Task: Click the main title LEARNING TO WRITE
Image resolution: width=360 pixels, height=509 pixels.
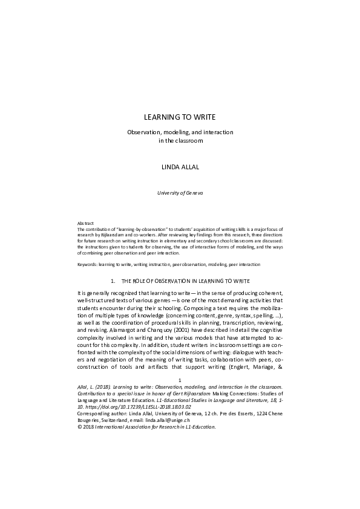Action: tap(180, 116)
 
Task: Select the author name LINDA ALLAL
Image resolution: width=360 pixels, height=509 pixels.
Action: tap(180, 164)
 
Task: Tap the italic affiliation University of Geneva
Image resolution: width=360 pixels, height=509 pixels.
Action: tap(180, 193)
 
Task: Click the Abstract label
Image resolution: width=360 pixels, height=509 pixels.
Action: tap(78, 223)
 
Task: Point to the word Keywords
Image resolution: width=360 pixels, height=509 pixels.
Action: tap(82, 264)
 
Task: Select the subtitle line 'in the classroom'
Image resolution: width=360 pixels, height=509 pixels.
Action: tap(180, 141)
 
